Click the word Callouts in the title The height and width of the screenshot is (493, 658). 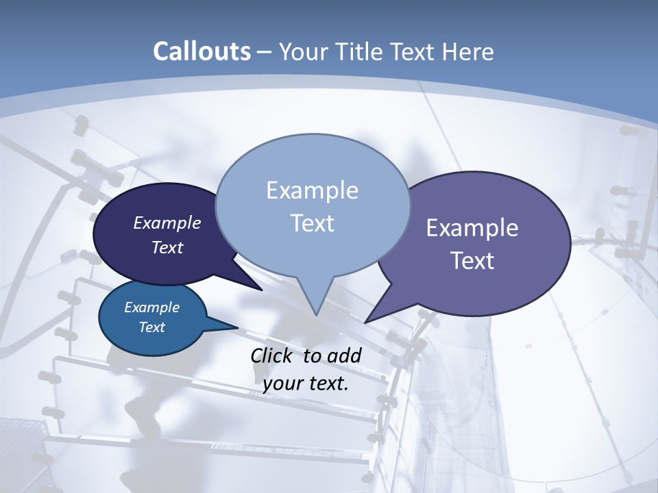click(202, 51)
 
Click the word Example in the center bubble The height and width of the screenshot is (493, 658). click(312, 190)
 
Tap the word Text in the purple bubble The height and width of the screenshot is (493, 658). click(472, 261)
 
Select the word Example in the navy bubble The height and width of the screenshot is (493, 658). click(167, 223)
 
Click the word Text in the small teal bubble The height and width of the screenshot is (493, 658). click(151, 327)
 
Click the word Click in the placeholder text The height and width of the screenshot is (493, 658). click(271, 355)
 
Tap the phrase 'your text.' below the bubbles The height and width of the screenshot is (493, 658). click(306, 383)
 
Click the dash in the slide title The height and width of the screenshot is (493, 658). click(265, 51)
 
